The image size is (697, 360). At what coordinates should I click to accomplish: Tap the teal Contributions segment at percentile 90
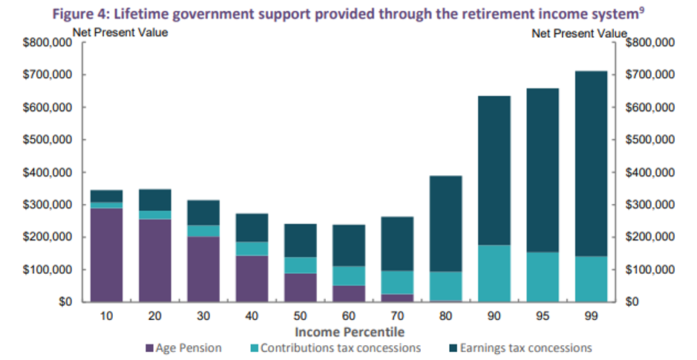[494, 273]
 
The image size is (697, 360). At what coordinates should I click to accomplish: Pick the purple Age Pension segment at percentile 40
[252, 278]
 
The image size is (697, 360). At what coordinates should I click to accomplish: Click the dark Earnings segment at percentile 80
[445, 223]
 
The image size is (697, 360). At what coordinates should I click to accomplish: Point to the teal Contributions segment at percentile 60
[349, 275]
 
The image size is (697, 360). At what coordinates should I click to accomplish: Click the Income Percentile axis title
[349, 331]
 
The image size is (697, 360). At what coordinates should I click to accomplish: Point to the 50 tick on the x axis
[301, 315]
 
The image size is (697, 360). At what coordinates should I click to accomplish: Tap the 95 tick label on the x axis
[542, 315]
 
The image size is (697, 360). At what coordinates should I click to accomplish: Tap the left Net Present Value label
[120, 32]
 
